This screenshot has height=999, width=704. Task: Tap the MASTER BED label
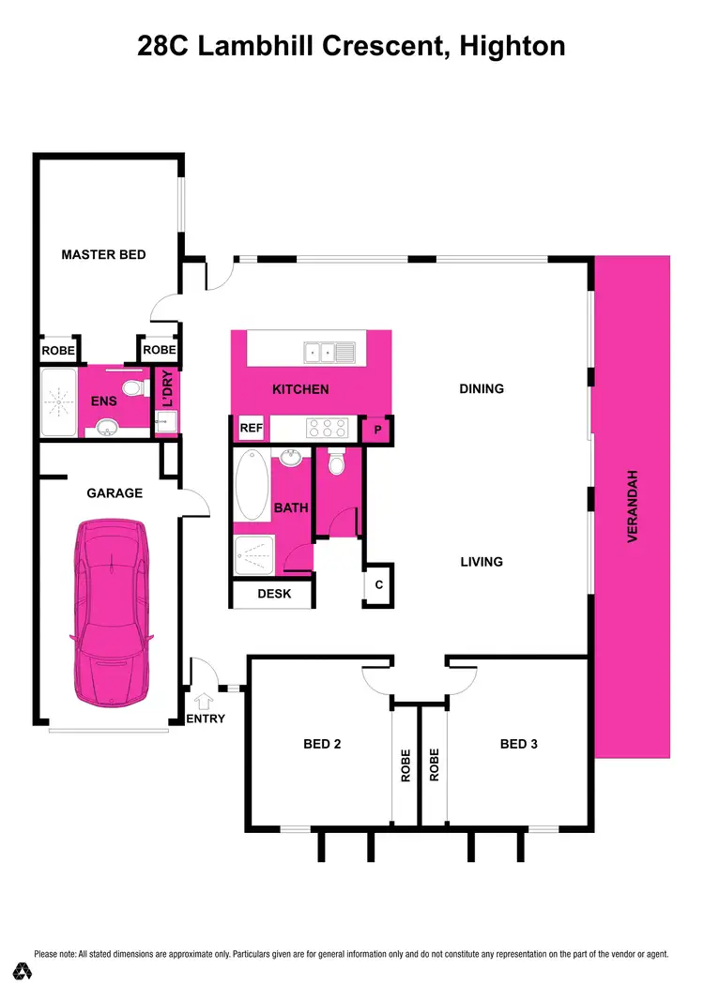tap(103, 254)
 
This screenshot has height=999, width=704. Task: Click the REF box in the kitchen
tap(251, 428)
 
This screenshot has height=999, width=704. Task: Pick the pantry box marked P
tap(376, 429)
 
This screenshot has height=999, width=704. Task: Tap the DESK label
tap(273, 594)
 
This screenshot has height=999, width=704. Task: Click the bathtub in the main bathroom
tap(252, 485)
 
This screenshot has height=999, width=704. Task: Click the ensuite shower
tap(60, 403)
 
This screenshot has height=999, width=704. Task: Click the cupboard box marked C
tap(378, 585)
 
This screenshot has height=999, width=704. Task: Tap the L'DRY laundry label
tap(167, 391)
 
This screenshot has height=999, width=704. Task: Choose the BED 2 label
tap(321, 744)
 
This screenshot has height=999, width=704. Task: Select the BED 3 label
tap(518, 744)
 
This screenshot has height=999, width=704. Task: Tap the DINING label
tap(482, 388)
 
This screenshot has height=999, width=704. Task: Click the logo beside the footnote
tap(20, 969)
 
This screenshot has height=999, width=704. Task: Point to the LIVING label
tap(482, 562)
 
